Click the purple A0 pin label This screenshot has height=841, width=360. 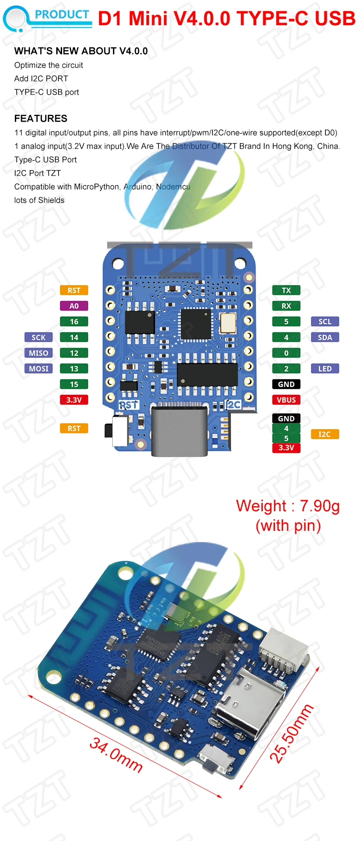(x=74, y=306)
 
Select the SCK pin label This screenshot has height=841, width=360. (x=38, y=337)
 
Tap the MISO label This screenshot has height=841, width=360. (x=38, y=353)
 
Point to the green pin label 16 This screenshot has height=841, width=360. (x=74, y=321)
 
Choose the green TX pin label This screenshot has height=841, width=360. (x=286, y=290)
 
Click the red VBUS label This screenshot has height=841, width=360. (x=286, y=400)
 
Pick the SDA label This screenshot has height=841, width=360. (x=325, y=337)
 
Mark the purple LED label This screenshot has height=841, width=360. (x=325, y=369)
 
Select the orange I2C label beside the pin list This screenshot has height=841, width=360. (x=324, y=434)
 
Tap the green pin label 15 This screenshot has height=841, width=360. (x=74, y=384)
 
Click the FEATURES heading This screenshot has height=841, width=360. (x=40, y=118)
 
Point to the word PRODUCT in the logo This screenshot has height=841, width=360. (x=62, y=15)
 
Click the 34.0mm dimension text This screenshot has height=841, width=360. (x=116, y=755)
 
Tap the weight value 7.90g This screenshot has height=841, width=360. (x=319, y=506)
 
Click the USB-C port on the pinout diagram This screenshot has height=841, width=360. (x=180, y=430)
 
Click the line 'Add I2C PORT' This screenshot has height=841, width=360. (x=41, y=78)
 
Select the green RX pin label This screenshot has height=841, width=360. (x=286, y=306)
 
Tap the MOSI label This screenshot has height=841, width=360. (x=38, y=369)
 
